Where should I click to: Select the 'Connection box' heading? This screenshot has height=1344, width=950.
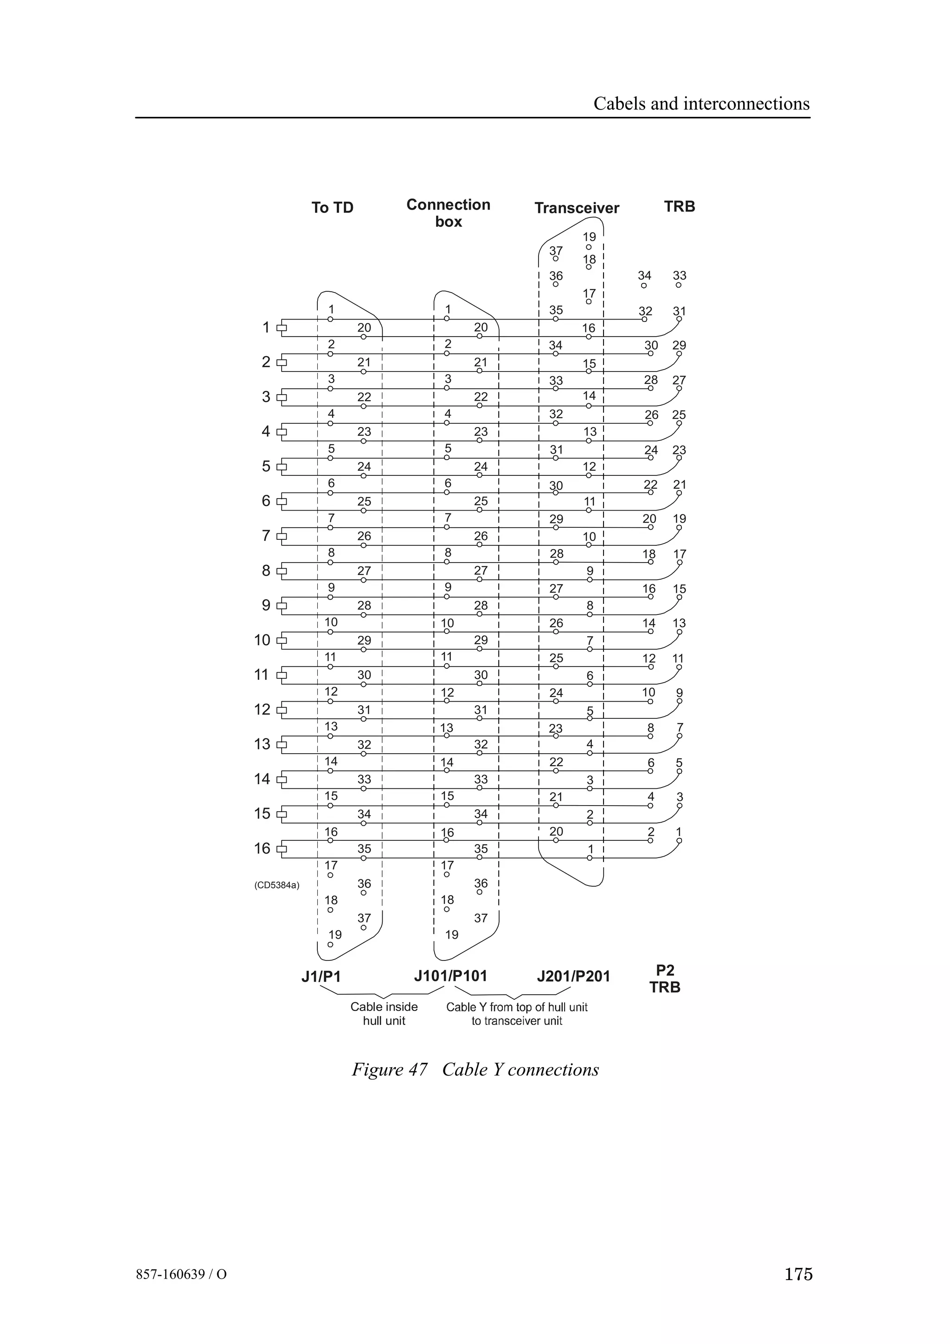449,213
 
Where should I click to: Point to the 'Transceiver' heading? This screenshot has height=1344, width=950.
577,208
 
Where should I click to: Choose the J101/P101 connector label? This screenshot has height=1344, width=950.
450,976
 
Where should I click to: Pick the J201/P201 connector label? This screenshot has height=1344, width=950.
573,976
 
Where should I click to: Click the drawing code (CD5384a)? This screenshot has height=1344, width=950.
276,885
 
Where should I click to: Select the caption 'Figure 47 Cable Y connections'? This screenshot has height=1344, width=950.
475,1069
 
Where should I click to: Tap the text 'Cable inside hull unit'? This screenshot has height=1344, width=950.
384,1014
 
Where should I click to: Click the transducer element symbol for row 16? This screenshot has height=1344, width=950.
282,849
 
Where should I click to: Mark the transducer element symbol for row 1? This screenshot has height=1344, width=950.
282,328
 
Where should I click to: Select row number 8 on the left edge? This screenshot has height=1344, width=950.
266,571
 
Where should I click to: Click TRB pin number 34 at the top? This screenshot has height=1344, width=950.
644,275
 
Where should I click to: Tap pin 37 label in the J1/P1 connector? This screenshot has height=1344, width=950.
364,918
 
